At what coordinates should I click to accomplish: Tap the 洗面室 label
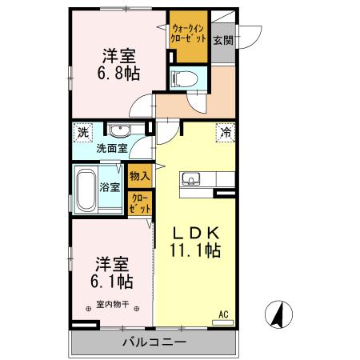pos(112,148)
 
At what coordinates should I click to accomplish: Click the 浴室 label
pos(110,187)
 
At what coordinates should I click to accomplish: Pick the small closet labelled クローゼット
pos(138,204)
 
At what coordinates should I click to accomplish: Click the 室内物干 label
pos(112,304)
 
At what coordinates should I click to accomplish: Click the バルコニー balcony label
pos(154,342)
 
